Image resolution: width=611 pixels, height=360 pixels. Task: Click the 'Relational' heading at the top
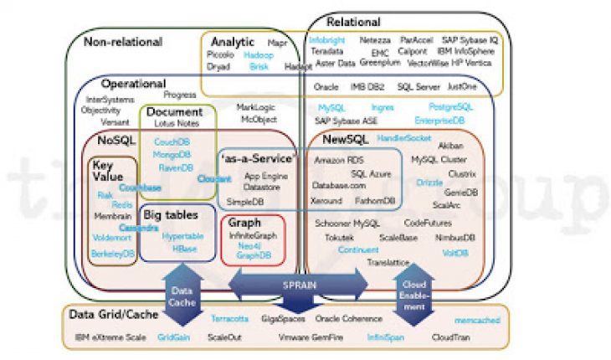(353, 23)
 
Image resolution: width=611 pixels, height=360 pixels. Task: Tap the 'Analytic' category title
(233, 42)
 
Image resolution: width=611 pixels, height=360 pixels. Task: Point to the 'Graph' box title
(244, 224)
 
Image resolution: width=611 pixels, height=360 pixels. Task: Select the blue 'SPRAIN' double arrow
(299, 285)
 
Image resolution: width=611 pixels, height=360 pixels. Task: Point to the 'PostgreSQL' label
(450, 107)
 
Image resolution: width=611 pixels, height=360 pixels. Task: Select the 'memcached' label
(475, 320)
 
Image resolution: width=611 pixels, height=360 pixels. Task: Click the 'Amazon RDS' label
(338, 159)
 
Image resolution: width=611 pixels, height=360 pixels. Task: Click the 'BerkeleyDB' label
(112, 252)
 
